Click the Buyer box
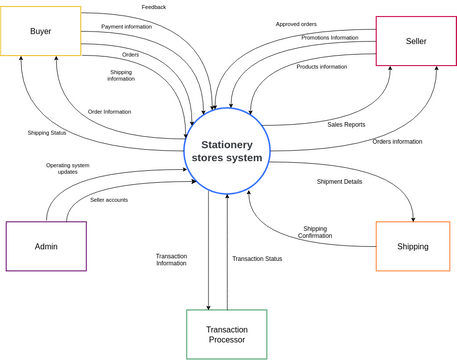(x=40, y=31)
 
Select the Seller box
(x=416, y=41)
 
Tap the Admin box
(x=46, y=246)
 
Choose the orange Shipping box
(x=412, y=246)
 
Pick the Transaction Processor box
(x=226, y=334)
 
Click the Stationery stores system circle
(x=227, y=151)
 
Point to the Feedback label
(x=154, y=7)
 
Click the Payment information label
(x=127, y=27)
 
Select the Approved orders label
(x=296, y=24)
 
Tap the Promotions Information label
(x=330, y=38)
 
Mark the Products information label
(x=322, y=67)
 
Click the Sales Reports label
(x=346, y=125)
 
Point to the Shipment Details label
(x=340, y=182)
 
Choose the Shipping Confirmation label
(x=315, y=232)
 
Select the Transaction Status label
(x=257, y=259)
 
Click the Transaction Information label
(x=171, y=260)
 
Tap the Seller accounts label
(x=109, y=200)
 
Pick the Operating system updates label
(x=68, y=169)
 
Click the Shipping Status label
(x=47, y=133)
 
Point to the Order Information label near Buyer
(x=109, y=112)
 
